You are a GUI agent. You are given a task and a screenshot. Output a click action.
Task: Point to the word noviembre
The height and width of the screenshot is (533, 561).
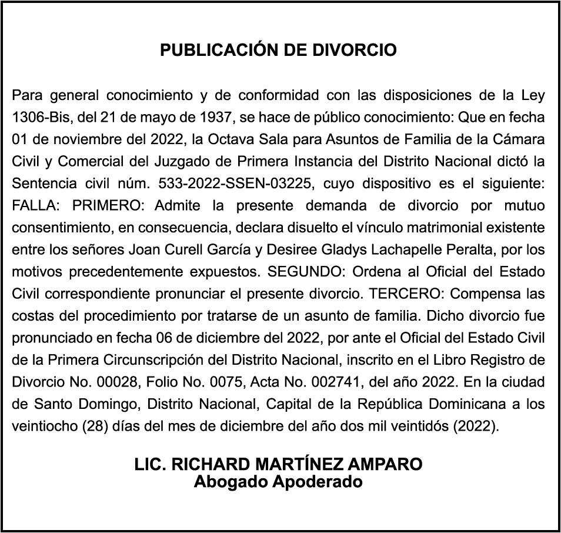(73, 139)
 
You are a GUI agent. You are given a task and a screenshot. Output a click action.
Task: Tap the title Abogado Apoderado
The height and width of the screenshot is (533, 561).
(278, 482)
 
